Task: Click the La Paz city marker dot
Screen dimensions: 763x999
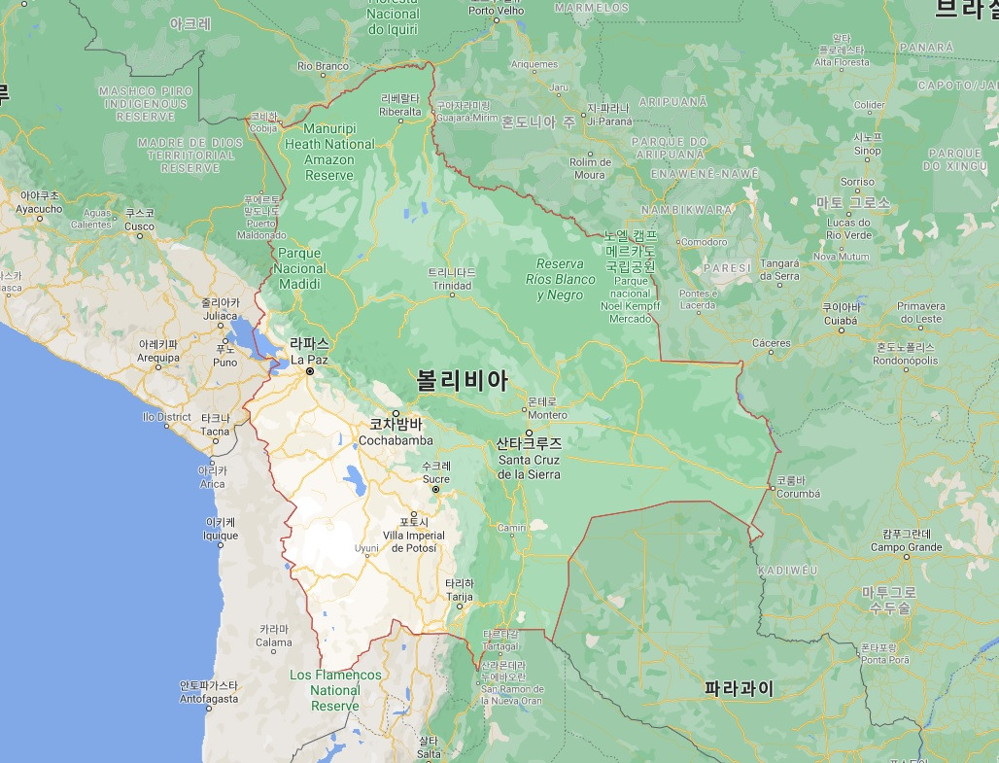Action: click(310, 371)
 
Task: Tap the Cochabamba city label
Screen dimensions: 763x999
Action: click(396, 440)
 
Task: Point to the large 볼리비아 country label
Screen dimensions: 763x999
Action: click(463, 380)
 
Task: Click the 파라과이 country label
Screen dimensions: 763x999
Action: click(740, 689)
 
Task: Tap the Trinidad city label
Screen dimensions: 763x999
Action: click(452, 286)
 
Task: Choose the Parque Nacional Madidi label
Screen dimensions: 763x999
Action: click(300, 268)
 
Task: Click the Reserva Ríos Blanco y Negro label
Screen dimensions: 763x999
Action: click(561, 279)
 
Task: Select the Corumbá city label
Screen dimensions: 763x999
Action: click(799, 493)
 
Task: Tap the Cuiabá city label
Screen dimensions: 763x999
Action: click(841, 320)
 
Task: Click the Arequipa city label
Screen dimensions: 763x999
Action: click(158, 357)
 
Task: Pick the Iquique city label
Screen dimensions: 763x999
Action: click(221, 535)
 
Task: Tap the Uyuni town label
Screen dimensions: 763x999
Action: click(365, 548)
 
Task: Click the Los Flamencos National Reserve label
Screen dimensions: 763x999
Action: click(335, 690)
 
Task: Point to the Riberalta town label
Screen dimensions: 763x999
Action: click(400, 111)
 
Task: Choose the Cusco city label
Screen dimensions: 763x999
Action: click(140, 226)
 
